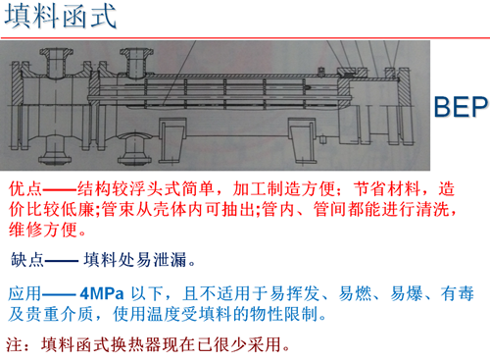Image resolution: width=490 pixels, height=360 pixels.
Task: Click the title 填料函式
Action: pyautogui.click(x=61, y=17)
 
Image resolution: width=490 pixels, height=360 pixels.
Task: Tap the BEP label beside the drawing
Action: pyautogui.click(x=461, y=107)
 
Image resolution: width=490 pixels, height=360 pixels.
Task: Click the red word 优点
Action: pyautogui.click(x=25, y=189)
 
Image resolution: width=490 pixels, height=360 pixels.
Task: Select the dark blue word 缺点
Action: pyautogui.click(x=27, y=260)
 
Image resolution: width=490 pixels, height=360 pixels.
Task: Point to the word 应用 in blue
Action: pyautogui.click(x=25, y=293)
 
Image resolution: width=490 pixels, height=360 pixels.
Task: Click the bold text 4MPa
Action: pyautogui.click(x=102, y=293)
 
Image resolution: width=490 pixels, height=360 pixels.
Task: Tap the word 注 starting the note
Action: pyautogui.click(x=14, y=344)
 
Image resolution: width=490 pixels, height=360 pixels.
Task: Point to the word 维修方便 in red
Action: pyautogui.click(x=43, y=230)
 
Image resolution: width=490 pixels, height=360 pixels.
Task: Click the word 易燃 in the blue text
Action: pyautogui.click(x=355, y=293)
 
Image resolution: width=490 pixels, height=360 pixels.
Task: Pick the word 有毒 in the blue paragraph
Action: pyautogui.click(x=458, y=293)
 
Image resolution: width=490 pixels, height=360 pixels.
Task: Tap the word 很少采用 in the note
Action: pyautogui.click(x=247, y=344)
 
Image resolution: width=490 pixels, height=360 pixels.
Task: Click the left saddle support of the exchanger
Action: pyautogui.click(x=172, y=140)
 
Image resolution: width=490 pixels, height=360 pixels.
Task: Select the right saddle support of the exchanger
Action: pyautogui.click(x=302, y=140)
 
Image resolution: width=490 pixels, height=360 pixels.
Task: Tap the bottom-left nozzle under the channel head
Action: pyautogui.click(x=55, y=150)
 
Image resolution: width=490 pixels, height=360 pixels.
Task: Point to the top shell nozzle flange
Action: pyautogui.click(x=136, y=52)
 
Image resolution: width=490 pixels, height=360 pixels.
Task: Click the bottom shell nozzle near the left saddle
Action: pyautogui.click(x=134, y=148)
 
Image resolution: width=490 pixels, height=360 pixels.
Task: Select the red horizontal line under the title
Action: pyautogui.click(x=245, y=38)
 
